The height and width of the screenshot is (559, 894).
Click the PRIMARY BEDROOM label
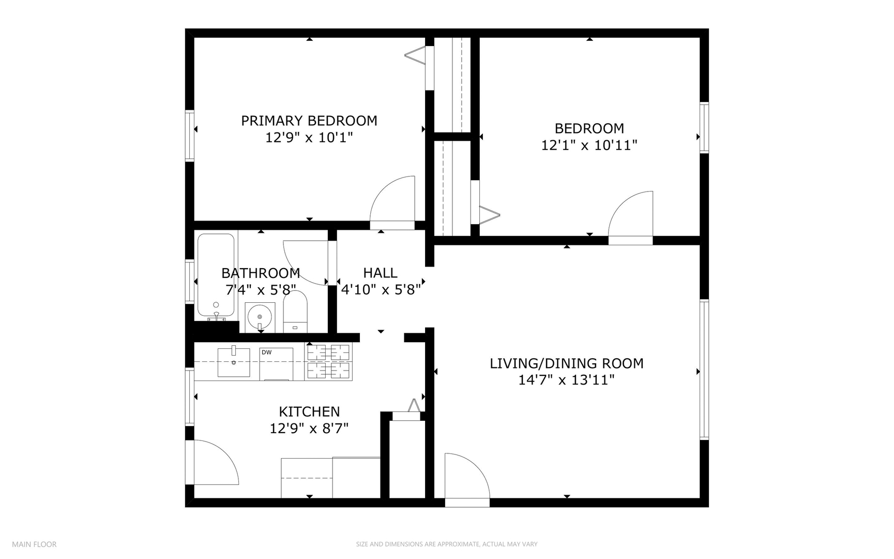[309, 121]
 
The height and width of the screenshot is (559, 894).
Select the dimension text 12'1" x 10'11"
[589, 145]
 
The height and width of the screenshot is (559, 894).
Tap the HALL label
[380, 273]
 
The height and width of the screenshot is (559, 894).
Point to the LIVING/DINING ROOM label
[566, 363]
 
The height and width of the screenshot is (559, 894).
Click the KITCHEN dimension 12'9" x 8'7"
[309, 429]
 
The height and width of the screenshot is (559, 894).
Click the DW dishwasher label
[266, 352]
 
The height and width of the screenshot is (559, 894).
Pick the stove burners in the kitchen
[328, 361]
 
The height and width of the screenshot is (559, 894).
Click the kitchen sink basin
[234, 362]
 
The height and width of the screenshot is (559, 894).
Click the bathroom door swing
[305, 261]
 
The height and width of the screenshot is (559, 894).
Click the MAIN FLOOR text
[34, 544]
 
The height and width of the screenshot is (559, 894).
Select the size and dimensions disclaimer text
[446, 544]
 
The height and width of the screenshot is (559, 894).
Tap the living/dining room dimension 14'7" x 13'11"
[566, 380]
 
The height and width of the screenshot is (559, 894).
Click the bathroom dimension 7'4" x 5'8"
[260, 290]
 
